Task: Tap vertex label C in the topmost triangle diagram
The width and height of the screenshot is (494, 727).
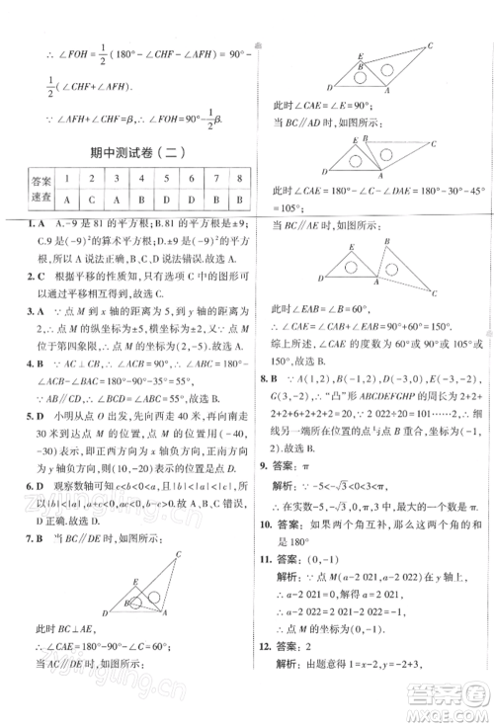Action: tap(430, 44)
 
